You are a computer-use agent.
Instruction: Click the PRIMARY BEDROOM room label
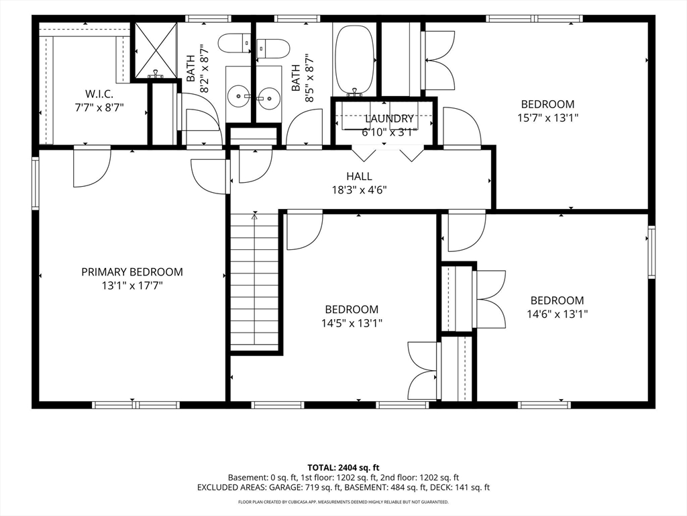tap(132, 272)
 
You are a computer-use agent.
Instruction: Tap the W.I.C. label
tap(99, 94)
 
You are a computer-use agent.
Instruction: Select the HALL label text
tap(360, 177)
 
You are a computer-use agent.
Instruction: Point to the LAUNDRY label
tap(389, 118)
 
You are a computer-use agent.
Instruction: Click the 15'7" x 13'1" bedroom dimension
tap(547, 118)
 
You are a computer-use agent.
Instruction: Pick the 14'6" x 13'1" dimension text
tap(558, 314)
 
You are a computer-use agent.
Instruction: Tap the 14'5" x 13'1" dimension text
tap(352, 323)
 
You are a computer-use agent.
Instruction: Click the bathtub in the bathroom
tap(356, 60)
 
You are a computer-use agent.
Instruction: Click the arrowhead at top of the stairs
tap(254, 214)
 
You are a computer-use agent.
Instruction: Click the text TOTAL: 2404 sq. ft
tap(343, 468)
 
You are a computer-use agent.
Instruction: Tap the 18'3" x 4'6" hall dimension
tap(360, 190)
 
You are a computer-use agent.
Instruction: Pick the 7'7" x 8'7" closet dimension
tap(99, 107)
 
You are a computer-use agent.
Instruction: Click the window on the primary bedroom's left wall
tap(36, 183)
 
